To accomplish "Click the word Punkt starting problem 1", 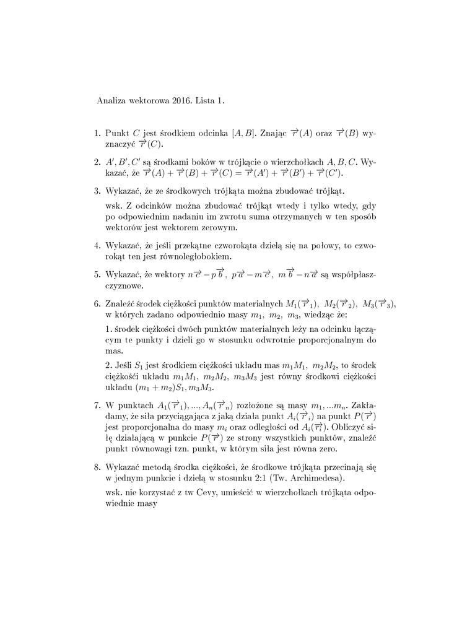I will (118, 133).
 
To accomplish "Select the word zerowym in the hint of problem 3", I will (208, 228).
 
